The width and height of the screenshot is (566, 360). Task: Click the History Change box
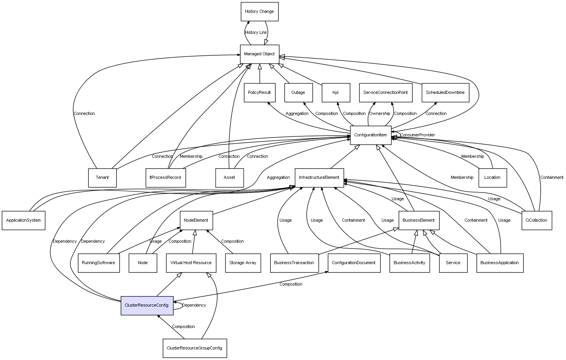260,12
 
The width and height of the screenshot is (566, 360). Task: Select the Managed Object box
260,54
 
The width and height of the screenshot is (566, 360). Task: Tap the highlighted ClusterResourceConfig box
147,305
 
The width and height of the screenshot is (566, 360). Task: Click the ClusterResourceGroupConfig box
195,348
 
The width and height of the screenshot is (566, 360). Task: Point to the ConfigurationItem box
371,135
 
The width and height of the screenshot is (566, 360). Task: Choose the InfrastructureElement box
319,178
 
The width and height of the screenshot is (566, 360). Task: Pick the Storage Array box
243,263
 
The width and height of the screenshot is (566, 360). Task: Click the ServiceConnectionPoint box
386,93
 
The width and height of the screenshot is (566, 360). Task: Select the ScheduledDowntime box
445,93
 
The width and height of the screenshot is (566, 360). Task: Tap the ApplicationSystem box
23,221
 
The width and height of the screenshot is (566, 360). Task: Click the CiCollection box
537,221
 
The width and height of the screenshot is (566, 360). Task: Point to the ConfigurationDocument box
354,263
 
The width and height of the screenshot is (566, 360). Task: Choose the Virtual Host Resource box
191,263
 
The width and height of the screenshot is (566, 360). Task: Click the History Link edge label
256,32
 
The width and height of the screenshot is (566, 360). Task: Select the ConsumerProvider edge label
417,135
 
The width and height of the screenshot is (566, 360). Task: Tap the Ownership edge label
380,113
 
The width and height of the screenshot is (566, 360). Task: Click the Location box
492,178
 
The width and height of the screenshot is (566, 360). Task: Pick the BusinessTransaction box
294,263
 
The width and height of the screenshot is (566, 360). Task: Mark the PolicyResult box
260,93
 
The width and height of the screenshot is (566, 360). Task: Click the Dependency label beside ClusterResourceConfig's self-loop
194,305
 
